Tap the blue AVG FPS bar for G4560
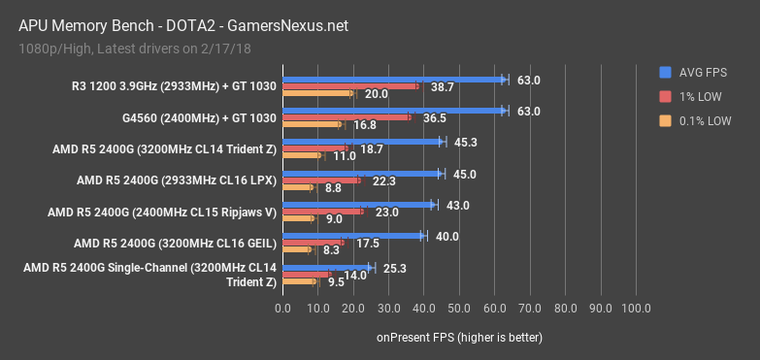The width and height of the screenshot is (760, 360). pos(393,111)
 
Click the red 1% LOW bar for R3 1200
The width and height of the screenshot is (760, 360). pos(350,86)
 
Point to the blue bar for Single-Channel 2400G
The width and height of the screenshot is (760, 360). pos(327,267)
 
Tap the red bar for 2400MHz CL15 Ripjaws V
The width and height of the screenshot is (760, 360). pos(322,212)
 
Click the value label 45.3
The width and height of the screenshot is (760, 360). pos(465,143)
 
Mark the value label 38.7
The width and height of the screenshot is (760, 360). pos(443,87)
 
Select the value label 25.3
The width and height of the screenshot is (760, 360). pos(394,267)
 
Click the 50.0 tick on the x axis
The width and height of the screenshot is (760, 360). pos(459,309)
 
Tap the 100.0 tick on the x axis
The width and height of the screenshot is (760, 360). pos(636,309)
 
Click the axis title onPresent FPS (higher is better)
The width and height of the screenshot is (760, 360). pos(459,338)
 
